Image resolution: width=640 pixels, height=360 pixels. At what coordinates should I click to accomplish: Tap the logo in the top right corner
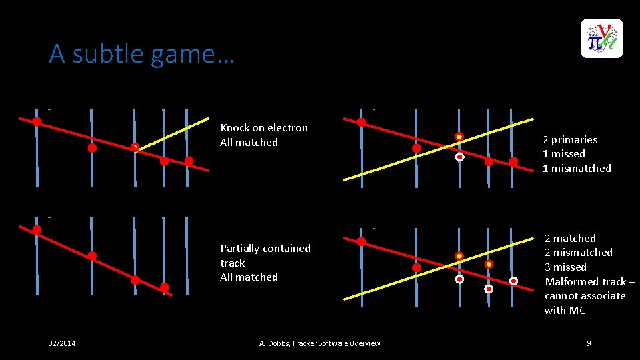[601, 38]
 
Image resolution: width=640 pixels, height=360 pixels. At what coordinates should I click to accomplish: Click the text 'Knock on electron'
[264, 127]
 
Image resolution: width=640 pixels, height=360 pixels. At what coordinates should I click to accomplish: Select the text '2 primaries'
[569, 139]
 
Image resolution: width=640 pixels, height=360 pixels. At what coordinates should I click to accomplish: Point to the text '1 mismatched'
[576, 168]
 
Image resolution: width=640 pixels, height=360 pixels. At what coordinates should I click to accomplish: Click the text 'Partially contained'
[265, 248]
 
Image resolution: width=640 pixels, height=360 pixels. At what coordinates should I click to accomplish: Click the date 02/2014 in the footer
[62, 343]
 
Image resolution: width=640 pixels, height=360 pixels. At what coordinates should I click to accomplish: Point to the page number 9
[589, 343]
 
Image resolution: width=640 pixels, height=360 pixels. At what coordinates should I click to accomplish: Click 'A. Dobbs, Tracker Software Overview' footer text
[319, 343]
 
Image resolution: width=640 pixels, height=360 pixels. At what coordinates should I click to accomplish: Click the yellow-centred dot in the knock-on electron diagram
[135, 147]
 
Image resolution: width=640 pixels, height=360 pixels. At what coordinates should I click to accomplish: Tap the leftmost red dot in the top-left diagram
[37, 121]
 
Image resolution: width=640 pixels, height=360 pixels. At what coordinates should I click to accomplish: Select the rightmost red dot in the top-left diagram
[189, 161]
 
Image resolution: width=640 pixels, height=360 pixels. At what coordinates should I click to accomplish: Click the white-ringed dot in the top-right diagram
[459, 157]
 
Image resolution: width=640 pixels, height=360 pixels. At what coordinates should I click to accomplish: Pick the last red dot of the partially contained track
[165, 287]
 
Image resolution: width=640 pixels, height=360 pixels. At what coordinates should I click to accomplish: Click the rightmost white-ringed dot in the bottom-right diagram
[513, 281]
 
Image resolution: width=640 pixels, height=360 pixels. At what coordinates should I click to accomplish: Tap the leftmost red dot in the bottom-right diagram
[361, 241]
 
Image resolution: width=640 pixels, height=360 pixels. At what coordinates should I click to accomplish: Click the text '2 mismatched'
[578, 252]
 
